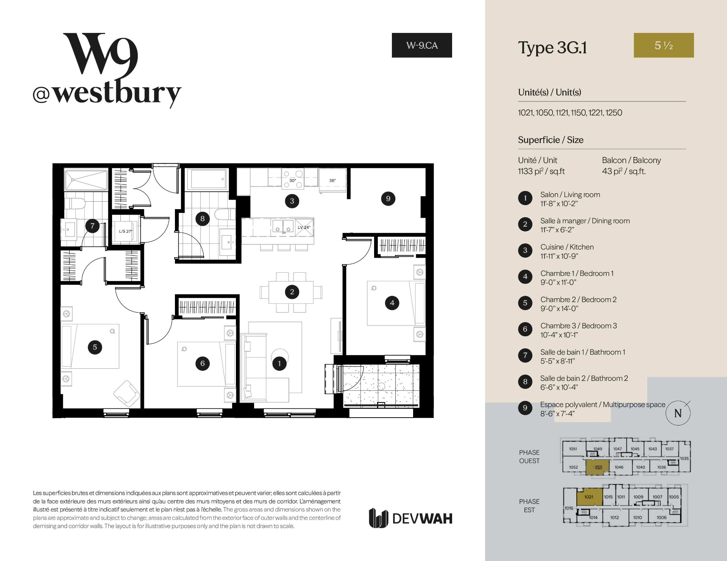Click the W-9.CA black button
tap(422, 45)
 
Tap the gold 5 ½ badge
tap(664, 45)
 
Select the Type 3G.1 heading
tap(552, 48)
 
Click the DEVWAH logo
tap(410, 518)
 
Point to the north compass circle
tap(678, 413)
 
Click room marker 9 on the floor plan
tap(388, 199)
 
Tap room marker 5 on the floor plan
tap(95, 347)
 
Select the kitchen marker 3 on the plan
tap(292, 201)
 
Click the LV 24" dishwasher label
tap(304, 227)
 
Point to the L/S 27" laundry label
tap(126, 231)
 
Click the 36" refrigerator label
tap(332, 180)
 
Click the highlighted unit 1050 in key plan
tap(598, 467)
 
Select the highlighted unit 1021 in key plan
tap(589, 497)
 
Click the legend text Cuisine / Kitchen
tap(567, 247)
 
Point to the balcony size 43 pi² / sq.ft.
tap(624, 171)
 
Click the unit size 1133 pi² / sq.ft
tap(541, 171)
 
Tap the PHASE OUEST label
tap(529, 457)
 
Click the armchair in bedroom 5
tap(127, 393)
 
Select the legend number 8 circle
tap(525, 382)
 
